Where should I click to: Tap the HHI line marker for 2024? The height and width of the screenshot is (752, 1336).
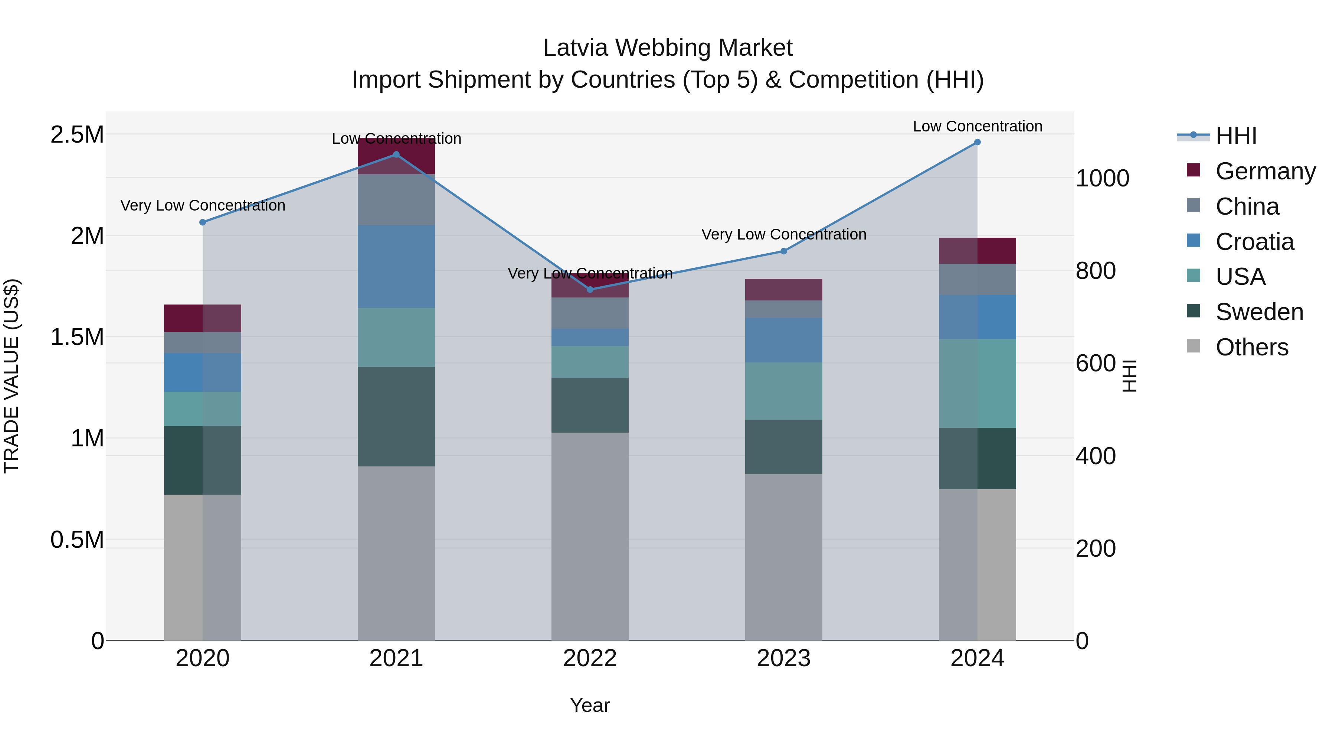(x=977, y=142)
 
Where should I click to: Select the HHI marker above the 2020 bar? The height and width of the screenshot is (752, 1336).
(x=203, y=222)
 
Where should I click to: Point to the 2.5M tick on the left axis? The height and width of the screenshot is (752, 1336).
(x=77, y=135)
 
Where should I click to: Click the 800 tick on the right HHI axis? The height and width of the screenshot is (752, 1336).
(x=1096, y=271)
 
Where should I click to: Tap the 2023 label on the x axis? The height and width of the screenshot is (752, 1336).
(x=783, y=658)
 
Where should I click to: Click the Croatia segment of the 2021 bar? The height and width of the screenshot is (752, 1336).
(x=396, y=266)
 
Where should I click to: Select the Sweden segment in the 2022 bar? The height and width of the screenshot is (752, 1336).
(x=590, y=405)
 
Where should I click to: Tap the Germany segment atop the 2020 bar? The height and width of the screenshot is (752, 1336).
(x=203, y=318)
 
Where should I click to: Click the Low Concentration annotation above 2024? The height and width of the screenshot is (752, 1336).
(x=977, y=126)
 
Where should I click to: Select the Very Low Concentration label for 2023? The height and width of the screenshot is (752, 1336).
(x=783, y=235)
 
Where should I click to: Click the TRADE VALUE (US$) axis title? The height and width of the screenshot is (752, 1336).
(x=12, y=376)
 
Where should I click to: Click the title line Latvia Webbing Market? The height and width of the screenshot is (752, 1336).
(x=668, y=48)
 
